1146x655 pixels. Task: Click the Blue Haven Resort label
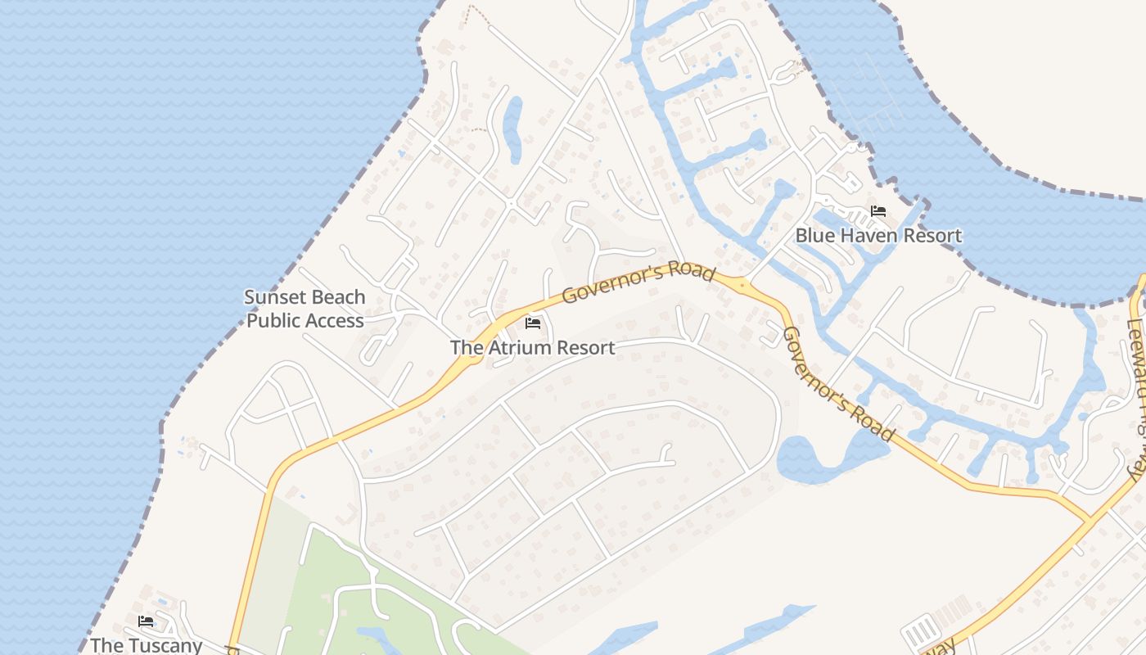click(x=878, y=236)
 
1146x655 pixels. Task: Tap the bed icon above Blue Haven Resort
click(x=878, y=211)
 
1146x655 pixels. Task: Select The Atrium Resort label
click(x=532, y=347)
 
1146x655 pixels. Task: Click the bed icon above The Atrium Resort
click(x=533, y=323)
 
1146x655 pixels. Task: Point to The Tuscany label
click(x=146, y=645)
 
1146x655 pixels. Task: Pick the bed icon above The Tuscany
click(x=146, y=621)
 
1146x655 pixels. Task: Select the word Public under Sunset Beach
click(x=273, y=320)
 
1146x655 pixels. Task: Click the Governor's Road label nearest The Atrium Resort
click(x=638, y=283)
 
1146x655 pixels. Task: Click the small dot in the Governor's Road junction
click(x=742, y=285)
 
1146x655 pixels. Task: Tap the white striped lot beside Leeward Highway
click(x=921, y=632)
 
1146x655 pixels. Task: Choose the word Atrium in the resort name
click(x=515, y=347)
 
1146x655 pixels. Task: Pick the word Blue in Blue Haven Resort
click(x=815, y=236)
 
